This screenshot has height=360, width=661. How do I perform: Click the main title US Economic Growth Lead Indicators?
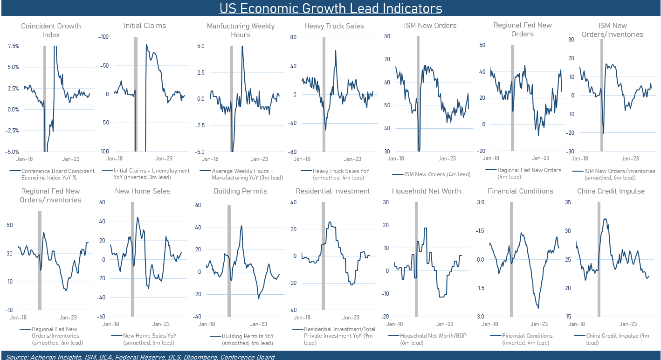pyautogui.click(x=330, y=8)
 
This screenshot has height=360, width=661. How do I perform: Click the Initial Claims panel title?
pyautogui.click(x=145, y=26)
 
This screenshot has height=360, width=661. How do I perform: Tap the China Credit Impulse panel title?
pyautogui.click(x=611, y=191)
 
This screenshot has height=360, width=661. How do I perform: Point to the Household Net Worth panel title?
pyautogui.click(x=426, y=191)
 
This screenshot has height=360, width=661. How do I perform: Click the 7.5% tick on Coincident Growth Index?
pyautogui.click(x=13, y=46)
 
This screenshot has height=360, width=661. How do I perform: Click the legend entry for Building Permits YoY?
pyautogui.click(x=244, y=339)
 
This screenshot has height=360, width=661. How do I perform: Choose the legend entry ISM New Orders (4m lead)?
pyautogui.click(x=431, y=174)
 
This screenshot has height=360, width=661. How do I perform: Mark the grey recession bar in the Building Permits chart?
pyautogui.click(x=229, y=260)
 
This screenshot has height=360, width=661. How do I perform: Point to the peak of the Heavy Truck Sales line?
pyautogui.click(x=335, y=50)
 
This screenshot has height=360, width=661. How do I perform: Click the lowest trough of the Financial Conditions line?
pyautogui.click(x=538, y=308)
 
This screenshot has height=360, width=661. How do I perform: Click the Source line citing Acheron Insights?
pyautogui.click(x=140, y=357)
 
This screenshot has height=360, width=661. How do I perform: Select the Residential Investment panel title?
pyautogui.click(x=332, y=191)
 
